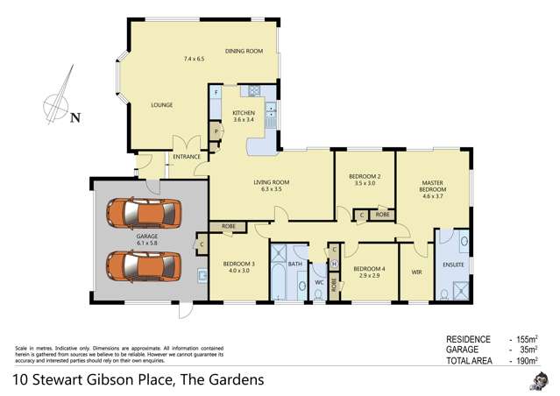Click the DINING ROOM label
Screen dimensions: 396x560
point(244,52)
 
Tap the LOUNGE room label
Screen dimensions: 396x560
point(161,105)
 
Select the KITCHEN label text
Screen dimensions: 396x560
point(243,113)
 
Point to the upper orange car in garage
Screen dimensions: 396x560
point(142,213)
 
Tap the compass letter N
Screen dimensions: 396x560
point(75,117)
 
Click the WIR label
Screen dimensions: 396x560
point(417,272)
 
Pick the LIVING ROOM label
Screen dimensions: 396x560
point(271,182)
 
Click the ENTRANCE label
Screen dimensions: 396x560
point(187,157)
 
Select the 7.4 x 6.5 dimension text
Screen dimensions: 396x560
point(193,59)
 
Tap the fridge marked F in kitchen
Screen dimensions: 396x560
point(216,93)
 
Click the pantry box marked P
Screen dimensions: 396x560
point(215,131)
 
